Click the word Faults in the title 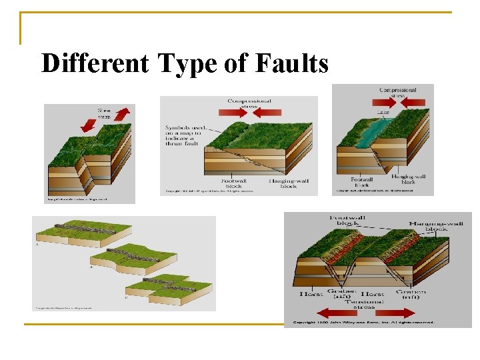point(292,64)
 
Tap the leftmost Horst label point(311,293)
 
